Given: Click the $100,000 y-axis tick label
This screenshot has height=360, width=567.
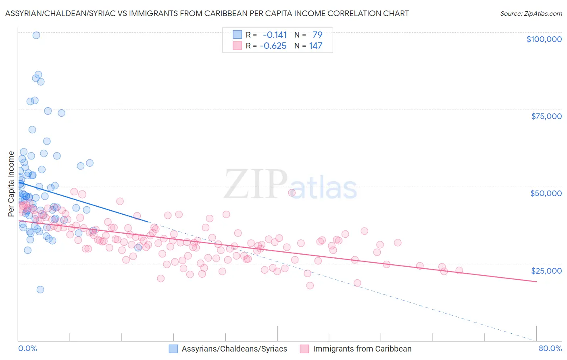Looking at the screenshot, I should pyautogui.click(x=544, y=39).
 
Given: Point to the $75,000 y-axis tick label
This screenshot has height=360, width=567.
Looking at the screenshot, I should pyautogui.click(x=546, y=116).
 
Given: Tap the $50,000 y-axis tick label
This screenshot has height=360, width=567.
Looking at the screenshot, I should pyautogui.click(x=546, y=193).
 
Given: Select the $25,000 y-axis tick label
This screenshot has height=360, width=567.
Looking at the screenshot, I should pyautogui.click(x=546, y=271).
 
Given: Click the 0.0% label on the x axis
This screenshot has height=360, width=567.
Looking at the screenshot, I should pyautogui.click(x=27, y=348).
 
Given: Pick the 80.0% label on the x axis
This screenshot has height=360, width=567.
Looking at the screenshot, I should pyautogui.click(x=550, y=348).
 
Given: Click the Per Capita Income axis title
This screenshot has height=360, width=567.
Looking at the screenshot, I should pyautogui.click(x=11, y=184).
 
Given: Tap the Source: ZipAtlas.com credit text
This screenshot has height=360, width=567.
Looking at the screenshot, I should pyautogui.click(x=531, y=14).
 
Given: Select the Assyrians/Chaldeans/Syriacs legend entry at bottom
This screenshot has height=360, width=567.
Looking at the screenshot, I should pyautogui.click(x=234, y=349).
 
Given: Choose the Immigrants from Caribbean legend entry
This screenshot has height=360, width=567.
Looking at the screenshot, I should pyautogui.click(x=362, y=349).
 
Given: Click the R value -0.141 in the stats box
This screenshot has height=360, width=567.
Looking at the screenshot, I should pyautogui.click(x=275, y=35).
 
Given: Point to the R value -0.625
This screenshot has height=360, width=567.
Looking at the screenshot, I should pyautogui.click(x=273, y=46).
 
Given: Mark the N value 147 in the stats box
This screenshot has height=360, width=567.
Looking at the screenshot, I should pyautogui.click(x=315, y=46).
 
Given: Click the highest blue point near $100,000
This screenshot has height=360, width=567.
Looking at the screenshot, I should pyautogui.click(x=36, y=35).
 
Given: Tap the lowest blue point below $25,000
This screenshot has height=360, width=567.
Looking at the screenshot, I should pyautogui.click(x=40, y=289).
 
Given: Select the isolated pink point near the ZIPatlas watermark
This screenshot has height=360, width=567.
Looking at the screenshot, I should pyautogui.click(x=292, y=193).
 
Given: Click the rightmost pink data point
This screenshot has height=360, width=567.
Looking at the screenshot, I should pyautogui.click(x=459, y=270).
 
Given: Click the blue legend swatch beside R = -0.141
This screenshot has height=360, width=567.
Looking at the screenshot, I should pyautogui.click(x=237, y=35).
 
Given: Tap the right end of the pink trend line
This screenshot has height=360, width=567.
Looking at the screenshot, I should pyautogui.click(x=536, y=281).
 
